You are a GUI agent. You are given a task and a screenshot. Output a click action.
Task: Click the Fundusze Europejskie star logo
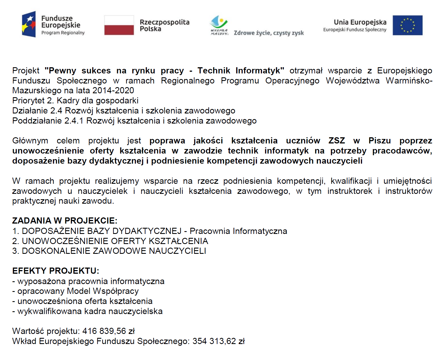tap(29, 24)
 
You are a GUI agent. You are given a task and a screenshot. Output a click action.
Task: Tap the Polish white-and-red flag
tap(119, 25)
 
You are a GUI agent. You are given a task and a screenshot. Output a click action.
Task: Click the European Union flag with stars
tap(407, 25)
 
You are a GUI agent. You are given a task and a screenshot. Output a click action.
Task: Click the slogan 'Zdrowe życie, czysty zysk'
tap(268, 33)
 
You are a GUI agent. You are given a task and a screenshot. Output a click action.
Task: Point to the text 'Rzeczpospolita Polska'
tap(164, 25)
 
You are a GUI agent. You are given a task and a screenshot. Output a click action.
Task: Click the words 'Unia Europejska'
tap(360, 22)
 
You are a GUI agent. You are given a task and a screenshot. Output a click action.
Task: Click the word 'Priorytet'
tap(28, 101)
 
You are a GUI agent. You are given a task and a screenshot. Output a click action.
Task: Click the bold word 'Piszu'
tap(379, 141)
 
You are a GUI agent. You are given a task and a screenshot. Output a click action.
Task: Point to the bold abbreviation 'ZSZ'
tap(337, 141)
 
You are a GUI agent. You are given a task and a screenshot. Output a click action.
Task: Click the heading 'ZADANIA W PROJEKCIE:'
tap(65, 221)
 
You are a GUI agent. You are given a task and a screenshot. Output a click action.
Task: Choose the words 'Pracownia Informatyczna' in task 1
tap(238, 231)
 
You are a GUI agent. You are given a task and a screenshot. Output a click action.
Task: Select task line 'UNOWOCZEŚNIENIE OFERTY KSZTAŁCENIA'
tap(115, 241)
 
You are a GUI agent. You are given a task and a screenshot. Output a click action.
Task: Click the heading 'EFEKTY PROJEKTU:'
tap(56, 271)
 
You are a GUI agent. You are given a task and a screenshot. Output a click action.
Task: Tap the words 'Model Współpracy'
tap(103, 291)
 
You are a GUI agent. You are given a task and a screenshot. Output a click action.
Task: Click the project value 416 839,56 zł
tap(108, 331)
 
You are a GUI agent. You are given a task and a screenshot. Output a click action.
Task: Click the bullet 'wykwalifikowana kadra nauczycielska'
tap(90, 311)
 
